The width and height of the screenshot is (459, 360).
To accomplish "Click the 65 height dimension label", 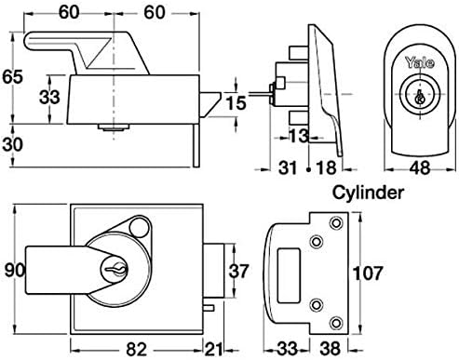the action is click(x=12, y=77).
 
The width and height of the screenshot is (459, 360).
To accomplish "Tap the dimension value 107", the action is click(x=367, y=273).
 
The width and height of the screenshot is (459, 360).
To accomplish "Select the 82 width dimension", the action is click(x=136, y=350).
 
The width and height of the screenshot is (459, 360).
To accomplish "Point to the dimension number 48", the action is click(x=420, y=168).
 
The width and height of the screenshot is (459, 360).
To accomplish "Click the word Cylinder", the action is click(x=369, y=193).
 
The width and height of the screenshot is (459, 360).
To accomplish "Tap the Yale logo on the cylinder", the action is click(x=420, y=63).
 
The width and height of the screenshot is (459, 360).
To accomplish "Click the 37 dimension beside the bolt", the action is click(x=238, y=272).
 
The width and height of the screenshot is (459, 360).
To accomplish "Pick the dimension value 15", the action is click(x=236, y=103).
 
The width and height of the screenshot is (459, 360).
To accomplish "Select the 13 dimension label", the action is click(x=299, y=136).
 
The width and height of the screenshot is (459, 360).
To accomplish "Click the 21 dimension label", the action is click(x=214, y=350).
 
